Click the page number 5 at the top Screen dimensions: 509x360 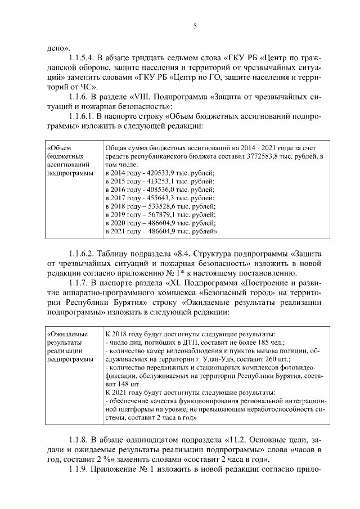[193, 26]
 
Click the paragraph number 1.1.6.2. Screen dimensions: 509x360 [82, 253]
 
